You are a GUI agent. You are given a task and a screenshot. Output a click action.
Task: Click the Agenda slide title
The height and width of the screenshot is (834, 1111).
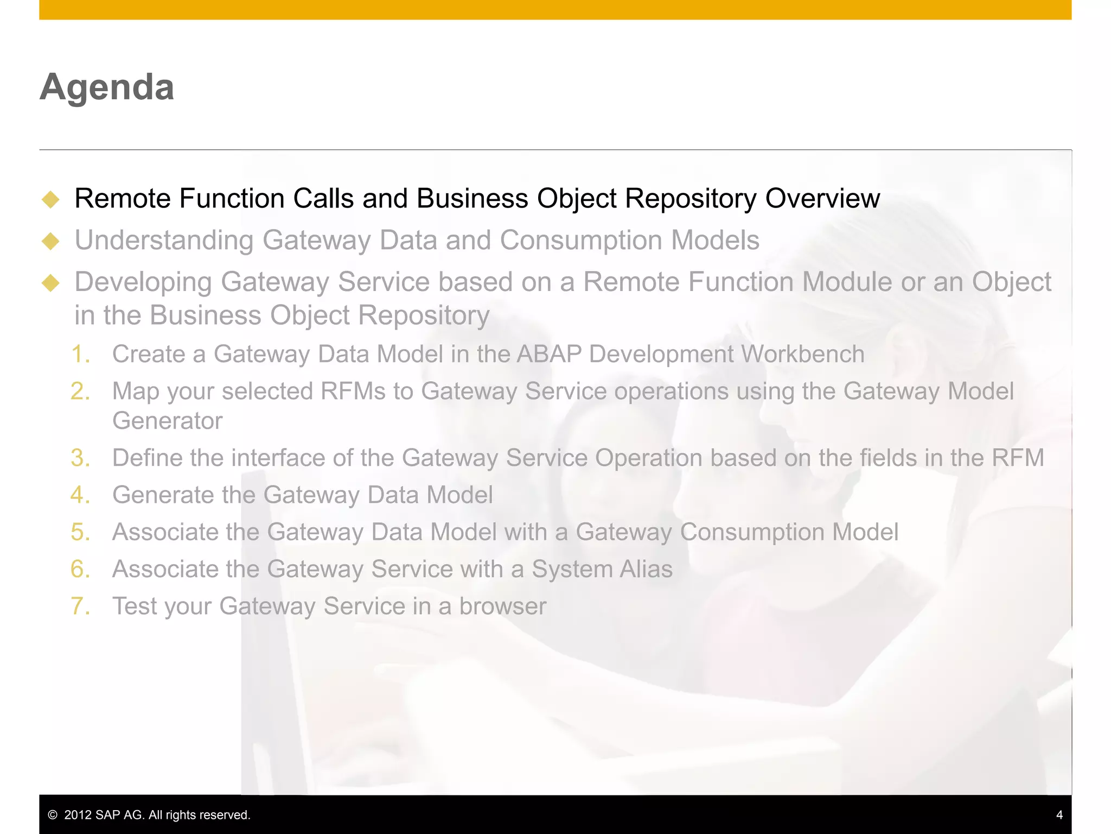pyautogui.click(x=107, y=87)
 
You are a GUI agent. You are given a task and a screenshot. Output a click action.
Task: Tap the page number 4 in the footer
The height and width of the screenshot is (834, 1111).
pyautogui.click(x=1059, y=814)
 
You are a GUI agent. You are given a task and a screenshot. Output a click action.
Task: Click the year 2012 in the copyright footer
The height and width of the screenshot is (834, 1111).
pyautogui.click(x=78, y=814)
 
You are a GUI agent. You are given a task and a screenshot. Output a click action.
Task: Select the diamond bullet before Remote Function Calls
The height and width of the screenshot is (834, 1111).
pyautogui.click(x=50, y=199)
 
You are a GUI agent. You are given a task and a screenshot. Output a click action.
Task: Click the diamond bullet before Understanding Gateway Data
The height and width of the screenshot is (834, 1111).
pyautogui.click(x=50, y=241)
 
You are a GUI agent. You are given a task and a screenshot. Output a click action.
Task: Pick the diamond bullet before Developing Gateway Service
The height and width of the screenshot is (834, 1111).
pyautogui.click(x=50, y=283)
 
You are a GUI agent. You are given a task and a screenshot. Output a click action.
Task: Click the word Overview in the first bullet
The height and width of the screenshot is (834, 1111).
pyautogui.click(x=822, y=198)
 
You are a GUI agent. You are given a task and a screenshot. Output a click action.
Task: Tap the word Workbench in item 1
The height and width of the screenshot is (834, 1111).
pyautogui.click(x=802, y=354)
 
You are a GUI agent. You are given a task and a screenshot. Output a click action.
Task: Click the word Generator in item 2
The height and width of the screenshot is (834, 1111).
pyautogui.click(x=167, y=421)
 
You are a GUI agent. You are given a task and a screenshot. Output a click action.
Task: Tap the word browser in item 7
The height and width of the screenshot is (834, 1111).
pyautogui.click(x=502, y=606)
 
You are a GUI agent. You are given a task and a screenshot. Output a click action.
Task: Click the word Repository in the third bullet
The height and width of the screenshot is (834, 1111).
pyautogui.click(x=423, y=315)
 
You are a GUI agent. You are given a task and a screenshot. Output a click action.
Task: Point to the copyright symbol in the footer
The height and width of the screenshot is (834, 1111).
pyautogui.click(x=53, y=815)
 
